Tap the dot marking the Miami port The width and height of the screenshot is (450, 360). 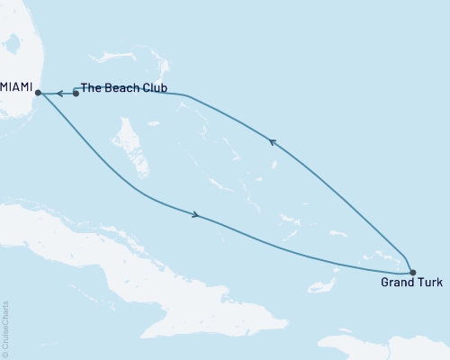(x=38, y=92)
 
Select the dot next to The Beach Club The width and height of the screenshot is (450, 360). (x=76, y=93)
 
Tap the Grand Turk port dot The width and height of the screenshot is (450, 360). (x=412, y=272)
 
